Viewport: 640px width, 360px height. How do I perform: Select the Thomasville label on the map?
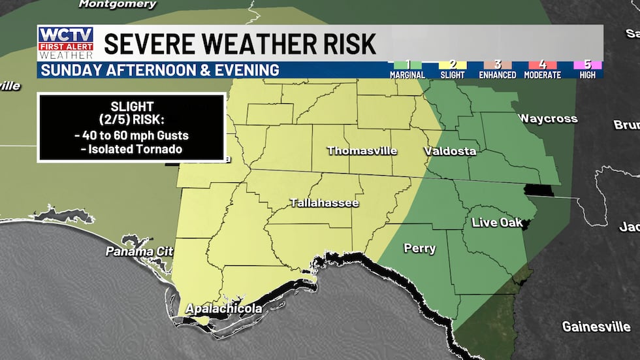click(362, 151)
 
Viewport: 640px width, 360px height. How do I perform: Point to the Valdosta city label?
click(450, 152)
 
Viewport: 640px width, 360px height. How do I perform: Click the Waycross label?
click(548, 118)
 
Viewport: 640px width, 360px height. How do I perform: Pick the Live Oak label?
click(498, 223)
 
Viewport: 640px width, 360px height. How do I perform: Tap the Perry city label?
click(420, 248)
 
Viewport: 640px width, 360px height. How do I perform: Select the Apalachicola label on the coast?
click(224, 308)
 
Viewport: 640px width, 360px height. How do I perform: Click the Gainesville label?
click(596, 326)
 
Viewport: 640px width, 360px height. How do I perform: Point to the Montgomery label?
click(118, 5)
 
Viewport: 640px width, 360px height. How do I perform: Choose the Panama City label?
click(140, 252)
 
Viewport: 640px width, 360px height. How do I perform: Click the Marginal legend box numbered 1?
click(408, 65)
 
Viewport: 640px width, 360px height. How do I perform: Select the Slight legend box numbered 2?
click(453, 65)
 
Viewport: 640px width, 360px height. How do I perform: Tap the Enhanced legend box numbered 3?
click(498, 65)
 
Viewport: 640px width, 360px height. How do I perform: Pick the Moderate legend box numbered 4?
click(542, 65)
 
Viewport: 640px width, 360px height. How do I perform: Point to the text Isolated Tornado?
click(132, 149)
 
